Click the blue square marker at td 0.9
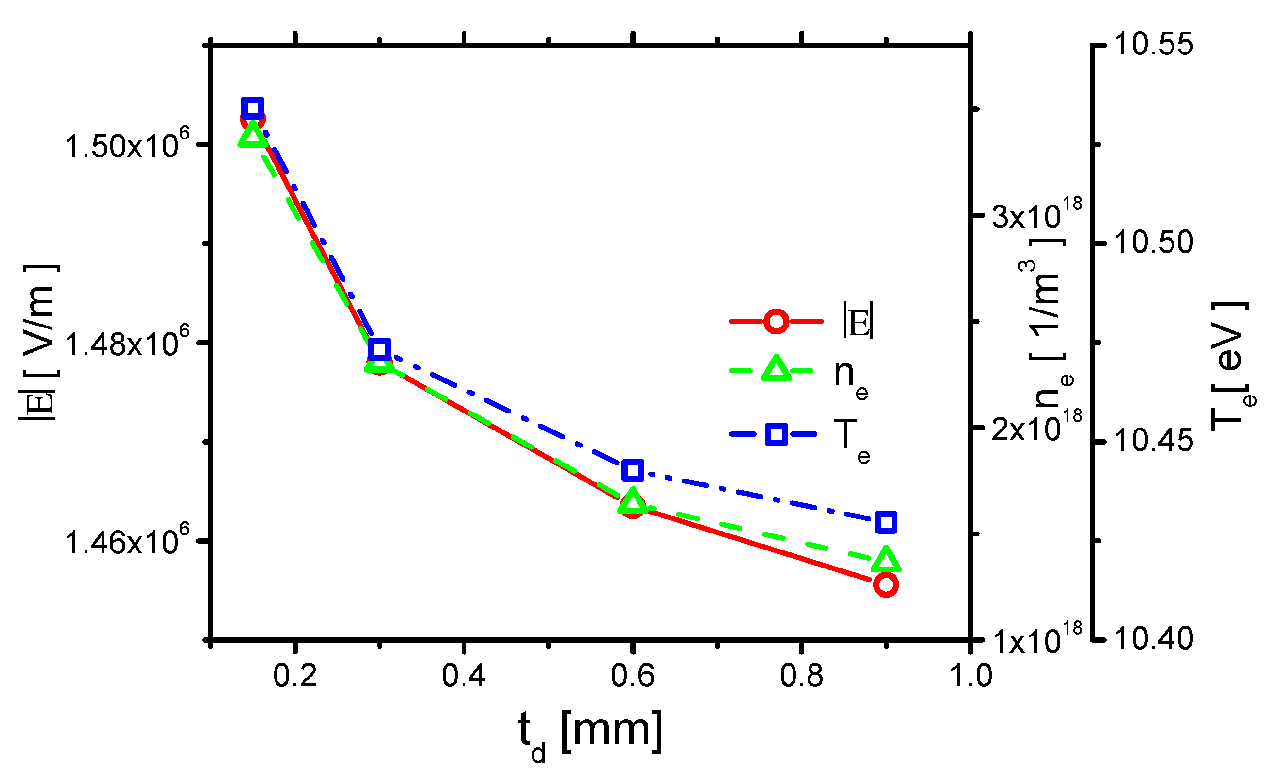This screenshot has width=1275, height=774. (x=886, y=522)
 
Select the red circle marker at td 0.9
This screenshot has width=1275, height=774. (x=886, y=585)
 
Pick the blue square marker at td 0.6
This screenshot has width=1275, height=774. (x=632, y=470)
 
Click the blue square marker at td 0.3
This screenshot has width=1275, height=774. (x=380, y=349)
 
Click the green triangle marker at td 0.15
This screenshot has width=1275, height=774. (x=253, y=136)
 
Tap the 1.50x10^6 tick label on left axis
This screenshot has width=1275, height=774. (x=127, y=145)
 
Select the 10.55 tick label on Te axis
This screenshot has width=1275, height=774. (x=1154, y=44)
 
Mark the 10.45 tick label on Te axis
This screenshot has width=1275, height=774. (x=1154, y=441)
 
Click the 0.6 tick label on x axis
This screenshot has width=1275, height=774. (x=632, y=676)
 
